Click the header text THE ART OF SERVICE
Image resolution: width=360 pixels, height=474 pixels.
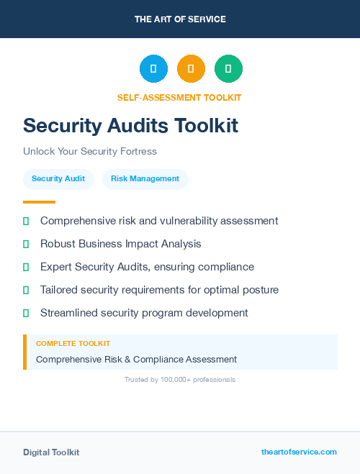(x=180, y=19)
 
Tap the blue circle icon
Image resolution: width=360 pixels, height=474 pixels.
(x=153, y=69)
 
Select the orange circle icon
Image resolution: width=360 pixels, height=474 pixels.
(x=191, y=69)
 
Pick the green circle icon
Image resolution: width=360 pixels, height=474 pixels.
(x=228, y=69)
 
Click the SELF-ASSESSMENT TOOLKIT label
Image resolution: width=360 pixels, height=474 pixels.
(x=180, y=97)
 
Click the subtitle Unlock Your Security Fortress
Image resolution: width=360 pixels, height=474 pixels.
(x=90, y=152)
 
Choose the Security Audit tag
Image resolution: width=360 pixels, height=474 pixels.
(x=58, y=178)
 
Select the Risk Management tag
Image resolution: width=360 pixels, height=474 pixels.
(x=145, y=178)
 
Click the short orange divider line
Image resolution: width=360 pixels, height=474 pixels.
(x=39, y=202)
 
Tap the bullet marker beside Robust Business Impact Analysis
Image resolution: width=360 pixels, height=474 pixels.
(x=26, y=245)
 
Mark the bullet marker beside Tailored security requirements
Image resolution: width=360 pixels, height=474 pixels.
(x=26, y=291)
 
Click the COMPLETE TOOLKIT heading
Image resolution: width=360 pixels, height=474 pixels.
(x=73, y=344)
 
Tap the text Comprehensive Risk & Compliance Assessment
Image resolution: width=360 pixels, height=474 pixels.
(x=136, y=359)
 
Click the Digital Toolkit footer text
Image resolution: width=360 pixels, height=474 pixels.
(x=51, y=452)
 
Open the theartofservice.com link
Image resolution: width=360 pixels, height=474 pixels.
(x=299, y=452)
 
